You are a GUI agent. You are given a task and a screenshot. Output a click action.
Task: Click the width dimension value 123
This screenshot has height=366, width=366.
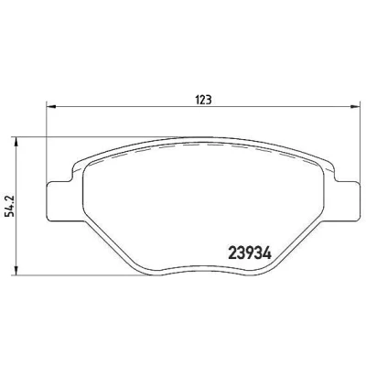click(x=202, y=100)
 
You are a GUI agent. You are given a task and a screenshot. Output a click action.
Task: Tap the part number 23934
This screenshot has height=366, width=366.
click(x=250, y=253)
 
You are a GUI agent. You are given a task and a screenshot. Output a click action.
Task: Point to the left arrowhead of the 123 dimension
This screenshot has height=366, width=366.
click(x=50, y=106)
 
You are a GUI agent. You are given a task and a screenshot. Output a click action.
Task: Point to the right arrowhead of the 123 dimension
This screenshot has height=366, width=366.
click(x=355, y=106)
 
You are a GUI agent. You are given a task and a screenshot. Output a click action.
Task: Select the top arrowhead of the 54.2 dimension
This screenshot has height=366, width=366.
click(x=16, y=142)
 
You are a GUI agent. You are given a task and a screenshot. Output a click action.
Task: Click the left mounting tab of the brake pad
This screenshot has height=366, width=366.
click(x=59, y=200)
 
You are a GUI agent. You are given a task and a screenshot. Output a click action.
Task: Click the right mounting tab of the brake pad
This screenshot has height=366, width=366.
click(x=346, y=200)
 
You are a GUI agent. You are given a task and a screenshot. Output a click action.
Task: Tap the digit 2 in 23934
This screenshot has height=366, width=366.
click(x=232, y=253)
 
